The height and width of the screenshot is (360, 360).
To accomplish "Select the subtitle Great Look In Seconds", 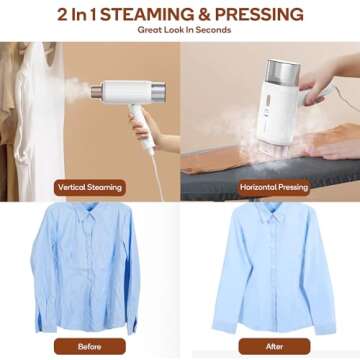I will [x=180, y=31].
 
